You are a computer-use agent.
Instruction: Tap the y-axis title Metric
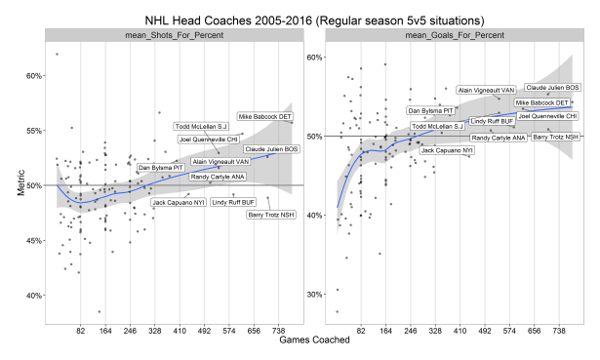pos(20,185)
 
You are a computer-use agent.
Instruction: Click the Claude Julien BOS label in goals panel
pos(553,87)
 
